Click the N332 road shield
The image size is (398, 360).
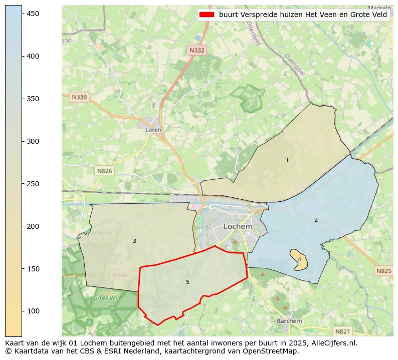[196, 50]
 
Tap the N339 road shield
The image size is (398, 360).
[79, 97]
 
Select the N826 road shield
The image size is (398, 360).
[104, 171]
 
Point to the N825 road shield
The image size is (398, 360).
[383, 271]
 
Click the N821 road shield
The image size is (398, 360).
[342, 331]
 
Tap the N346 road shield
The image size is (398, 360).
[120, 275]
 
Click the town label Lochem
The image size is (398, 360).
[238, 226]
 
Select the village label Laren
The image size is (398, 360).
[153, 130]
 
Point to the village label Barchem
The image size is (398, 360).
[289, 321]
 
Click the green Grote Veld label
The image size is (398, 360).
[107, 298]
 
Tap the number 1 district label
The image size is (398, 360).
[287, 161]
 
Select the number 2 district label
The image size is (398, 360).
[316, 220]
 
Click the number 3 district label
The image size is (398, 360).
[134, 241]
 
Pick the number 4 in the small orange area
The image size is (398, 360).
[299, 259]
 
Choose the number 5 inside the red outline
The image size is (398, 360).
[187, 282]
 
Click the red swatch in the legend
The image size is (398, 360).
[207, 15]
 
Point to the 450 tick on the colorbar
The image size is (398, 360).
[33, 14]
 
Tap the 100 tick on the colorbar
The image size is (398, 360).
[33, 311]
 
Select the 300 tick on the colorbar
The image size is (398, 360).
[33, 141]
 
